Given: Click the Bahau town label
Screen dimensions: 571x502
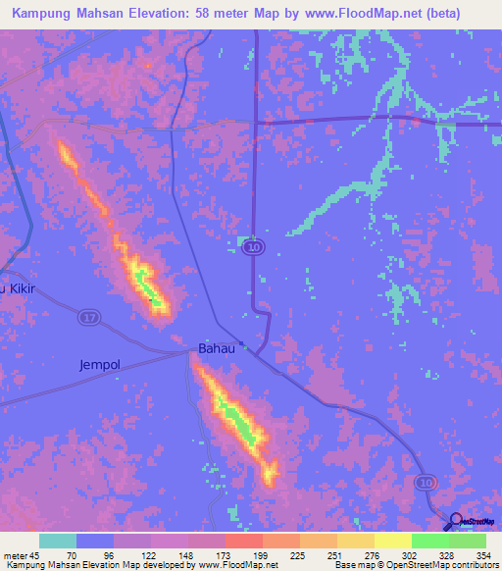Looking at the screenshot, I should coord(217,348).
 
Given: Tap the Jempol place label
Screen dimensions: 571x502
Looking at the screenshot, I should coord(99,365).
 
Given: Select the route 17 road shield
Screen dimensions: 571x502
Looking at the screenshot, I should coord(88,316).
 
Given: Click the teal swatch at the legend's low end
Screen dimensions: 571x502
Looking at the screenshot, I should coord(58,541).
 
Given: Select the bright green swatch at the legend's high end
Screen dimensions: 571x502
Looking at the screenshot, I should coord(467,541).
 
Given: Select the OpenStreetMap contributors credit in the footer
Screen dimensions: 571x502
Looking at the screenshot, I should coord(438,564).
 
